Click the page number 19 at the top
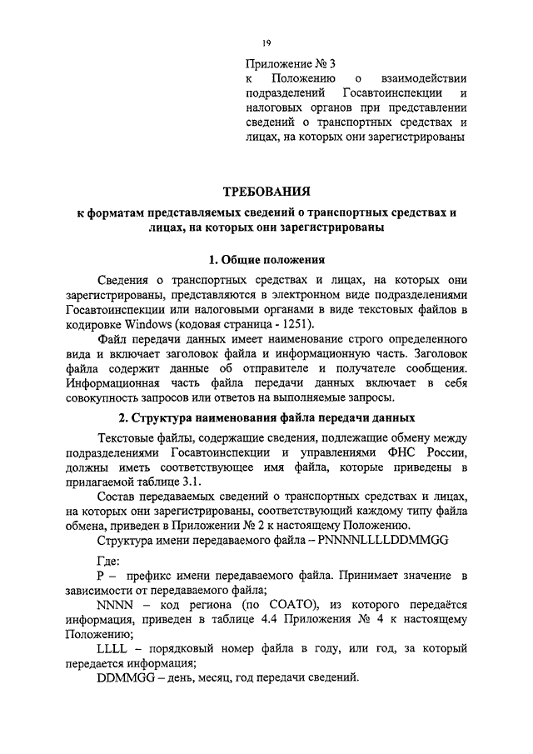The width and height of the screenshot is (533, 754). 266,43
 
